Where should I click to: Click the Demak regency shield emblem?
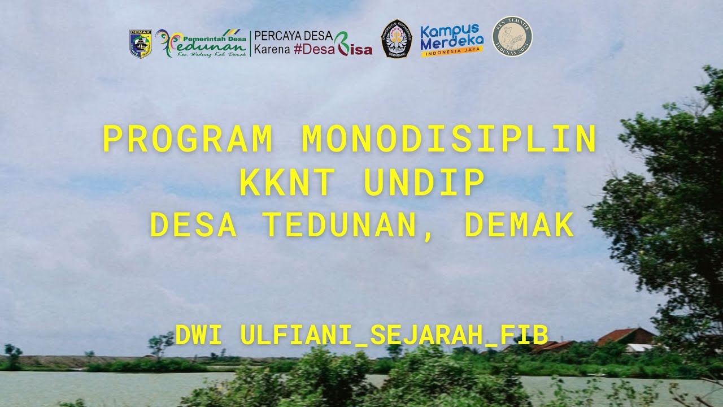141,44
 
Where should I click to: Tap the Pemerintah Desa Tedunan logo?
201,44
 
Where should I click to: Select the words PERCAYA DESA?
293,36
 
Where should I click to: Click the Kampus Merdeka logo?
452,40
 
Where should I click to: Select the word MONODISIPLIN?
449,140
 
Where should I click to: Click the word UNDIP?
424,183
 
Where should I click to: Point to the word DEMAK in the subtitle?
519,226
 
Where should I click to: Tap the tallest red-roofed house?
625,336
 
